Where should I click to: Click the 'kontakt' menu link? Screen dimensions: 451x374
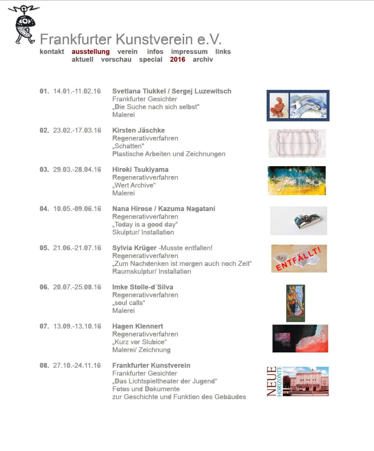coord(52,52)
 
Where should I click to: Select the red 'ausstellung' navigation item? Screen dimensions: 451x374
coord(90,52)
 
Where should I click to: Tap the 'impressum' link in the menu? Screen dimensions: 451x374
coord(189,52)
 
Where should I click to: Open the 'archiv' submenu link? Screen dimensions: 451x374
coord(202,59)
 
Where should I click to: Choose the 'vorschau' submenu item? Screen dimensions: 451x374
coord(116,59)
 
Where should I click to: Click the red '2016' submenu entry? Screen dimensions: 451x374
coord(177,59)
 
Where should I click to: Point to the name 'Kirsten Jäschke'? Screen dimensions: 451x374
coord(138,130)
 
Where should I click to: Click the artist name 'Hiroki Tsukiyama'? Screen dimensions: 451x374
coord(140,169)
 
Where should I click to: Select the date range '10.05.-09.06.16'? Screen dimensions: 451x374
coord(77,209)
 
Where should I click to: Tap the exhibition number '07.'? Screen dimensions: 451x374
coord(44,326)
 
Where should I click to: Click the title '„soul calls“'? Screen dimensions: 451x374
coord(129,303)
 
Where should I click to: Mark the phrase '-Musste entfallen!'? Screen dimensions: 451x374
coord(185,248)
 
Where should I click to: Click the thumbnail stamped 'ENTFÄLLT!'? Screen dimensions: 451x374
coord(299,259)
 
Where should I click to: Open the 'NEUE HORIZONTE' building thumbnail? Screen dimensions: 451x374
coord(298,381)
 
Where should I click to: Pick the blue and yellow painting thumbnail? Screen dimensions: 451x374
coord(296,181)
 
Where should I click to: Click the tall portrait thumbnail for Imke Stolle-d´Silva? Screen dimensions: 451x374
coord(295,303)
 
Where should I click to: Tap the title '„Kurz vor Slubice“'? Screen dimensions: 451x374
coord(139,342)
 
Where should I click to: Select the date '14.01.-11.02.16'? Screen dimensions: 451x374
coord(77,91)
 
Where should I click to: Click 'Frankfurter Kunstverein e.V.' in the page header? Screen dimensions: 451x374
coord(130,39)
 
